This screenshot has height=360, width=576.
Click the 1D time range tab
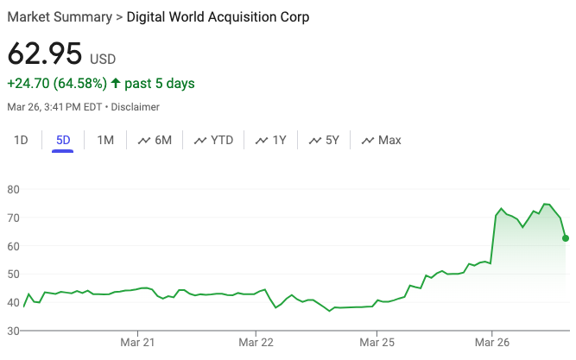point(22,140)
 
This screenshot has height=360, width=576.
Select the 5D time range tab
point(63,140)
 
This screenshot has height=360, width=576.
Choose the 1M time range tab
point(105,140)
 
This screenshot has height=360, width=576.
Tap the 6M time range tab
point(155,140)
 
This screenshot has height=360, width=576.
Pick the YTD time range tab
point(214,140)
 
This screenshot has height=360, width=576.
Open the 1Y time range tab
point(271,140)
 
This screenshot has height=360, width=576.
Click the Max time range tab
point(381,140)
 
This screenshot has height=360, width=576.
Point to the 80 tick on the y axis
point(14,189)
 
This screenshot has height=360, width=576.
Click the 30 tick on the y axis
point(14,331)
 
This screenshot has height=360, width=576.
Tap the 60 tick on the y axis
point(14,246)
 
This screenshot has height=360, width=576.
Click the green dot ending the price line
point(565,237)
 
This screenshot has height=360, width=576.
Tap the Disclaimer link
point(135,107)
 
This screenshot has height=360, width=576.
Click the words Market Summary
point(59,17)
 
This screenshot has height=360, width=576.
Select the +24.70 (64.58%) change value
point(57,84)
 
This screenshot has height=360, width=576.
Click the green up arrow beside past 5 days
point(116,84)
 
